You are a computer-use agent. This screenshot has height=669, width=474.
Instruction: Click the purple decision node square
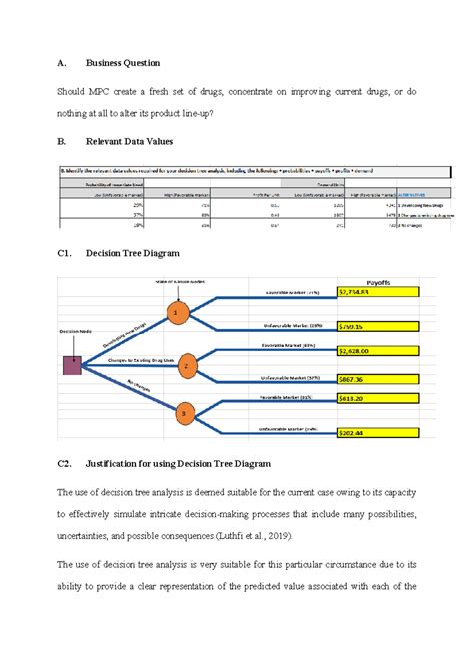tap(73, 366)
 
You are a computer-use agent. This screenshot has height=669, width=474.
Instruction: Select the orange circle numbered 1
tap(177, 312)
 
